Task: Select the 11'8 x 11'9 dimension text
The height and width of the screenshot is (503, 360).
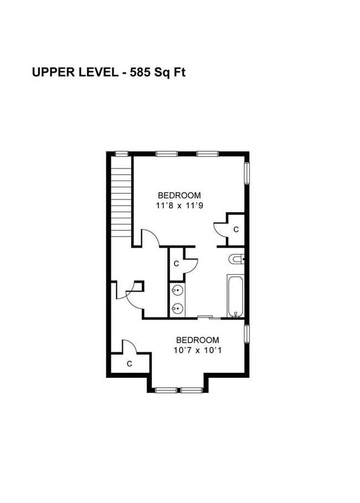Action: [179, 206]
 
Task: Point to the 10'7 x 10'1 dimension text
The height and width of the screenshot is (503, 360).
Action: [198, 350]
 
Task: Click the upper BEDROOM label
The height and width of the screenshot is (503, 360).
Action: [179, 195]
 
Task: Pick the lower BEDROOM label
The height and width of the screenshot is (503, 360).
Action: [198, 340]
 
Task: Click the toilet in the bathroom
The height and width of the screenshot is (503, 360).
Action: [236, 259]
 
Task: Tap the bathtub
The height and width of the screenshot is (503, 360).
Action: [235, 295]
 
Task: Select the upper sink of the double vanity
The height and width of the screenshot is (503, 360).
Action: [177, 291]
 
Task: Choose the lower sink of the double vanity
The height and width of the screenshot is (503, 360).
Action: [177, 309]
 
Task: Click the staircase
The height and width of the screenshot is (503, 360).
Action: [121, 197]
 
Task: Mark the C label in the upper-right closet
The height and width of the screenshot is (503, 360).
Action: [236, 229]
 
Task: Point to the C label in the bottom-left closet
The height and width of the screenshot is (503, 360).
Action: [129, 364]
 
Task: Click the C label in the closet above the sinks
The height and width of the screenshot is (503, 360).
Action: [176, 264]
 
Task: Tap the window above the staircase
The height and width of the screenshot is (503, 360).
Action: [122, 153]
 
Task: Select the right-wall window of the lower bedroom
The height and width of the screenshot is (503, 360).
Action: [247, 334]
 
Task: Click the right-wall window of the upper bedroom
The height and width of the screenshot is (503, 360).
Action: [247, 173]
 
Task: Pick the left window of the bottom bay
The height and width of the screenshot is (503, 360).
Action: [166, 390]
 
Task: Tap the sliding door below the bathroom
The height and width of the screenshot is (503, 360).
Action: [209, 317]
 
